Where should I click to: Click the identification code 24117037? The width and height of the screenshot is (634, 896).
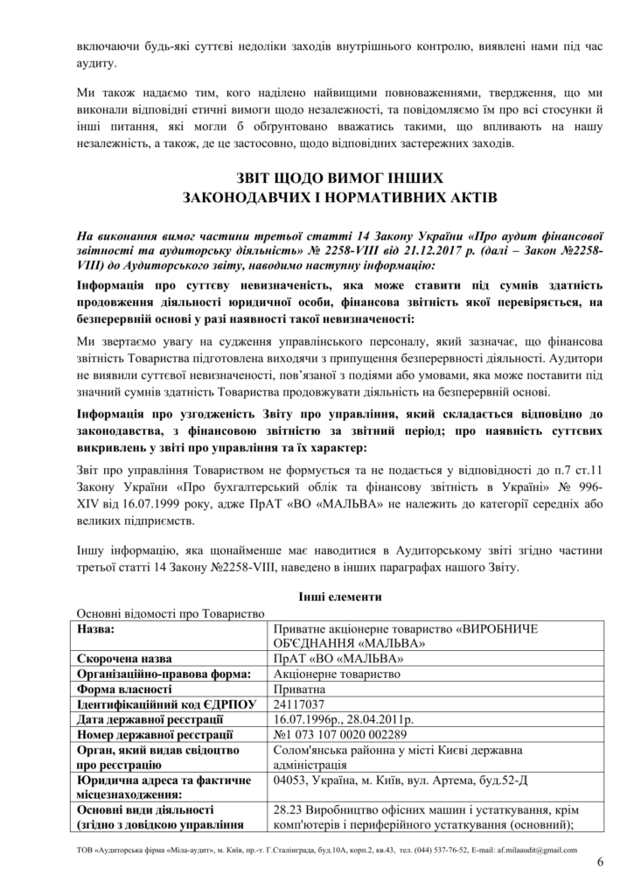click(299, 703)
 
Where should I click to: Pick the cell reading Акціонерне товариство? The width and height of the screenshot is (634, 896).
click(337, 674)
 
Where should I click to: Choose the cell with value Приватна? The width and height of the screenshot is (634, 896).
click(298, 689)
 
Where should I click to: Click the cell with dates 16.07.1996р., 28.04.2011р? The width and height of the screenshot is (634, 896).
click(344, 718)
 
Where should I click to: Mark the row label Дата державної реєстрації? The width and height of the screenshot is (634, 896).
click(147, 718)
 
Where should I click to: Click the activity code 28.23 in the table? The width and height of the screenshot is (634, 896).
click(289, 810)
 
